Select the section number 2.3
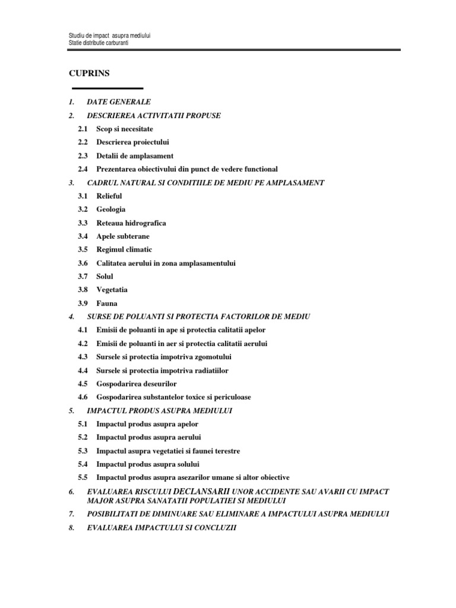pyautogui.click(x=82, y=156)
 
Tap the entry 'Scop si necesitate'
pyautogui.click(x=124, y=129)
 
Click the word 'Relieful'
pyautogui.click(x=109, y=196)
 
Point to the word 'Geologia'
pyautogui.click(x=110, y=210)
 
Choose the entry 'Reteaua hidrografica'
pyautogui.click(x=131, y=223)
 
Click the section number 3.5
pyautogui.click(x=82, y=250)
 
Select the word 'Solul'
pyautogui.click(x=104, y=277)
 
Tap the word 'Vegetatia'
pyautogui.click(x=112, y=290)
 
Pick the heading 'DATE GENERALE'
pyautogui.click(x=118, y=102)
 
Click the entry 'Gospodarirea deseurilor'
pyautogui.click(x=137, y=384)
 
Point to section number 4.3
pyautogui.click(x=82, y=357)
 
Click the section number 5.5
pyautogui.click(x=82, y=477)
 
